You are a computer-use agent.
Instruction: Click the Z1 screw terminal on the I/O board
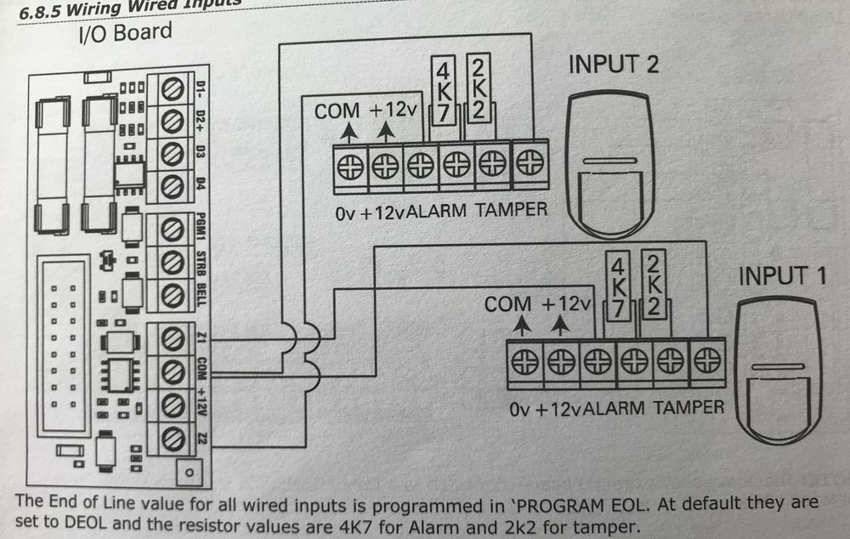click(x=173, y=338)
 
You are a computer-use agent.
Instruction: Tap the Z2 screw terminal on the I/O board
click(x=173, y=438)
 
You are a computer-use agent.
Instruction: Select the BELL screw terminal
click(x=173, y=294)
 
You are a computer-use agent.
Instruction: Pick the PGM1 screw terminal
click(x=173, y=228)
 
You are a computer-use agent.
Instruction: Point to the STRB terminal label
click(x=201, y=260)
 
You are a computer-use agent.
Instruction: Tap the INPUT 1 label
click(x=784, y=276)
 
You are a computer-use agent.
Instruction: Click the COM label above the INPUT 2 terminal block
click(x=337, y=111)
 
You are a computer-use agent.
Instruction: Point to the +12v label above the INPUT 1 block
click(x=566, y=304)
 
